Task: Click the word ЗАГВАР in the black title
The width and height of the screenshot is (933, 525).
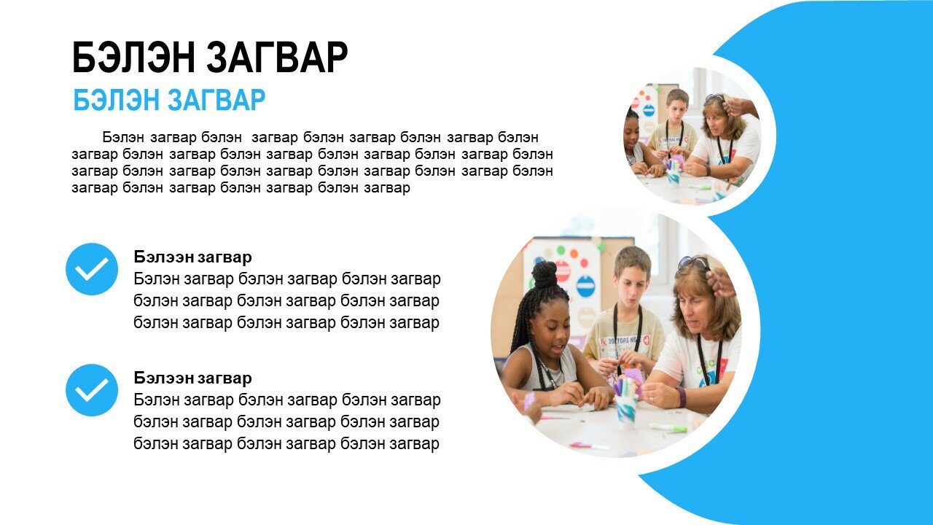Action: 277,58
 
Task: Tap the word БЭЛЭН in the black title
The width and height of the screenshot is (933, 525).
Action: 133,58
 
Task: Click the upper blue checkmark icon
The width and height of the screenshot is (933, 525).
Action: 92,269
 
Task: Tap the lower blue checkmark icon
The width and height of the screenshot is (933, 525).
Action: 92,390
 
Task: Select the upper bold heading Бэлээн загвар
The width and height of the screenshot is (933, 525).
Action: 193,257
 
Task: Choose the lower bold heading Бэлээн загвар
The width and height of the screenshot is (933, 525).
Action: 193,378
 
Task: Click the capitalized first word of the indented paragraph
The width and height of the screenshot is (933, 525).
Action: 123,137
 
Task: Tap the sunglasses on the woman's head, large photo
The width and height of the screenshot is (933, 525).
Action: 693,263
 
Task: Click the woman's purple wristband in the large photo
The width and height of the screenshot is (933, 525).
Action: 681,397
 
